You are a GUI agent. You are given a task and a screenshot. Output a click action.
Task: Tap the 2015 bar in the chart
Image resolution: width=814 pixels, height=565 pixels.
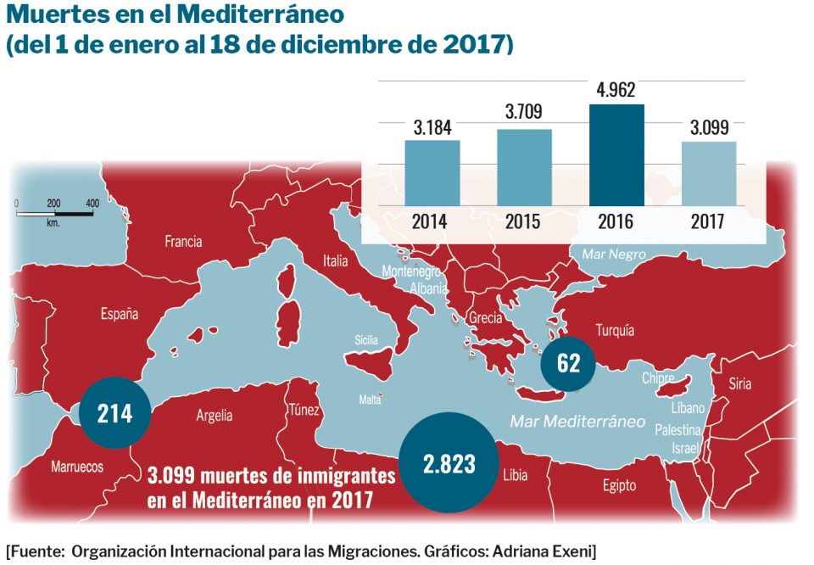click(524, 167)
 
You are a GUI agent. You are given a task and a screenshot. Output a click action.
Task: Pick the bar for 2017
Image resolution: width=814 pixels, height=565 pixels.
click(708, 173)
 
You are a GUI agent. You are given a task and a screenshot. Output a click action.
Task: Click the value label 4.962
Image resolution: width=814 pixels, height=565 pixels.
click(616, 90)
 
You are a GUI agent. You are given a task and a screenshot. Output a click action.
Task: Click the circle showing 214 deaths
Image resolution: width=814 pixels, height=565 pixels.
click(114, 413)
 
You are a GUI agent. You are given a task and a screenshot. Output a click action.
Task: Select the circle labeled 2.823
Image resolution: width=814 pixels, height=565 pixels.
click(449, 463)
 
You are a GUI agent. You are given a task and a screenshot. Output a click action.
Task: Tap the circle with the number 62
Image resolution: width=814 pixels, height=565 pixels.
click(569, 363)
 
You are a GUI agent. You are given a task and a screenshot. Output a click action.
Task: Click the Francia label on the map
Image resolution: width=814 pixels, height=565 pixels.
click(183, 242)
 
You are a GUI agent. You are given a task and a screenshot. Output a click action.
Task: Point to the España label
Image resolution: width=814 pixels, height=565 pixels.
click(120, 315)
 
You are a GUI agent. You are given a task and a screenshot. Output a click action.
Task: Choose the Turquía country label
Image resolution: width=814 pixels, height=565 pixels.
click(615, 331)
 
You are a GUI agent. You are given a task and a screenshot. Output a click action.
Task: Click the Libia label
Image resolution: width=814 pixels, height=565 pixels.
click(514, 475)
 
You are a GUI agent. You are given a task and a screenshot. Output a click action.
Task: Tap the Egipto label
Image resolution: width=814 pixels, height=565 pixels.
click(619, 486)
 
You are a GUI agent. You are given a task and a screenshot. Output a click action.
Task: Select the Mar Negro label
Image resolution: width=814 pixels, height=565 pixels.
click(613, 254)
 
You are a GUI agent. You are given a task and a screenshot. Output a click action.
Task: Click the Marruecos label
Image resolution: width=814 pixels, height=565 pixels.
click(77, 467)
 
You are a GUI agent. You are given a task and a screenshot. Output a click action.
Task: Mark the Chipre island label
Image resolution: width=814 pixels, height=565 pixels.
click(658, 378)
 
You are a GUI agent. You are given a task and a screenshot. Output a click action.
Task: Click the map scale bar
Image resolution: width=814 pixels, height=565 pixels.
click(54, 212)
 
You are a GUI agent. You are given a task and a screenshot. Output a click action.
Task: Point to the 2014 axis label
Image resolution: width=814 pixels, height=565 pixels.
click(432, 222)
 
